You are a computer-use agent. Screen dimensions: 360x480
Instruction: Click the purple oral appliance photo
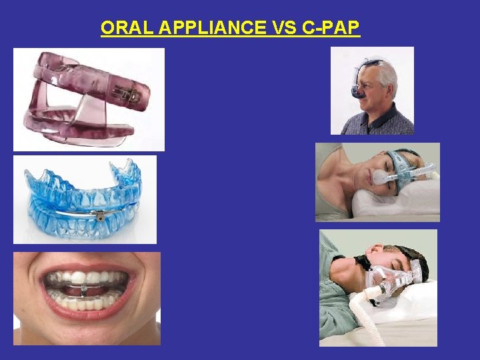[x=89, y=100]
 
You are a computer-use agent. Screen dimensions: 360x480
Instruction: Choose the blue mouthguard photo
[x=85, y=199]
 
